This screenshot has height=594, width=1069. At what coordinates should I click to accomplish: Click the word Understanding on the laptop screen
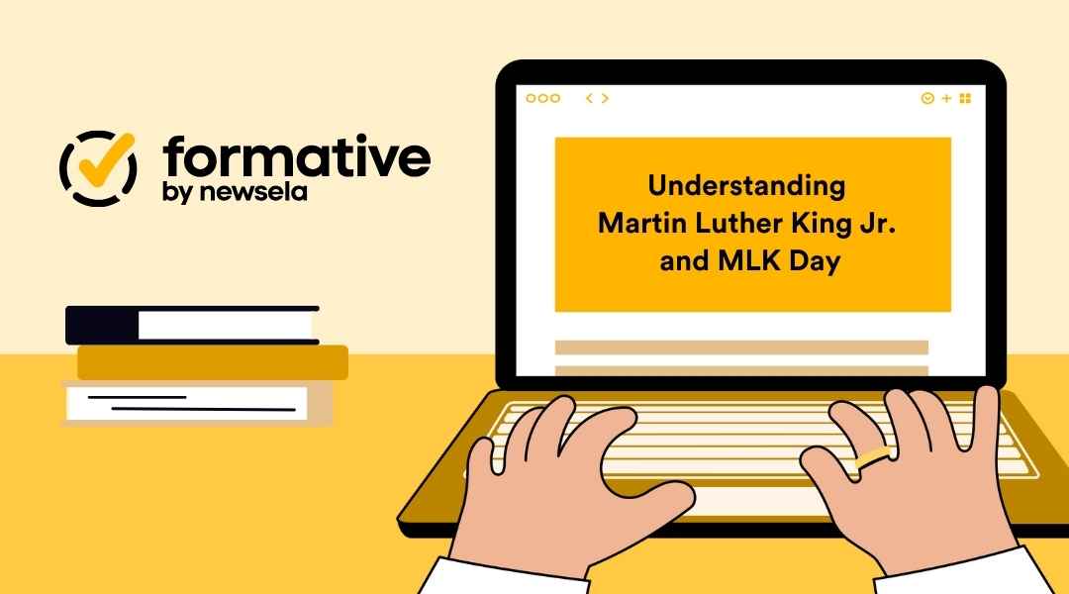tap(747, 185)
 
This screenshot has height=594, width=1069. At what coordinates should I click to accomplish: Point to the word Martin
tap(634, 224)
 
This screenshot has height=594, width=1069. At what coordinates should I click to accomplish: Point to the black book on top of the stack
tap(192, 325)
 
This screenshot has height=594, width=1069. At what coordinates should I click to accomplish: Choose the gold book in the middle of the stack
tap(213, 362)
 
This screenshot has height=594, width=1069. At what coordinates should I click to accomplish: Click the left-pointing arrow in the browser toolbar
tap(589, 98)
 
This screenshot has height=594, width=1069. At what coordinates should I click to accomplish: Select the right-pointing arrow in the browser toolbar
tap(605, 98)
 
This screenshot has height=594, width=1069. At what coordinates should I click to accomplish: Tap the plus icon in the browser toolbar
tap(946, 98)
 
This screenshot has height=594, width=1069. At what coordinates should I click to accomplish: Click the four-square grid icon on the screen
tap(965, 98)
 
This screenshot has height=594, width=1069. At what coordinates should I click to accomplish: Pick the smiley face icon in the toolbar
tap(927, 98)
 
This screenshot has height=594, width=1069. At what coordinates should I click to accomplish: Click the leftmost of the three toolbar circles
tap(531, 98)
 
